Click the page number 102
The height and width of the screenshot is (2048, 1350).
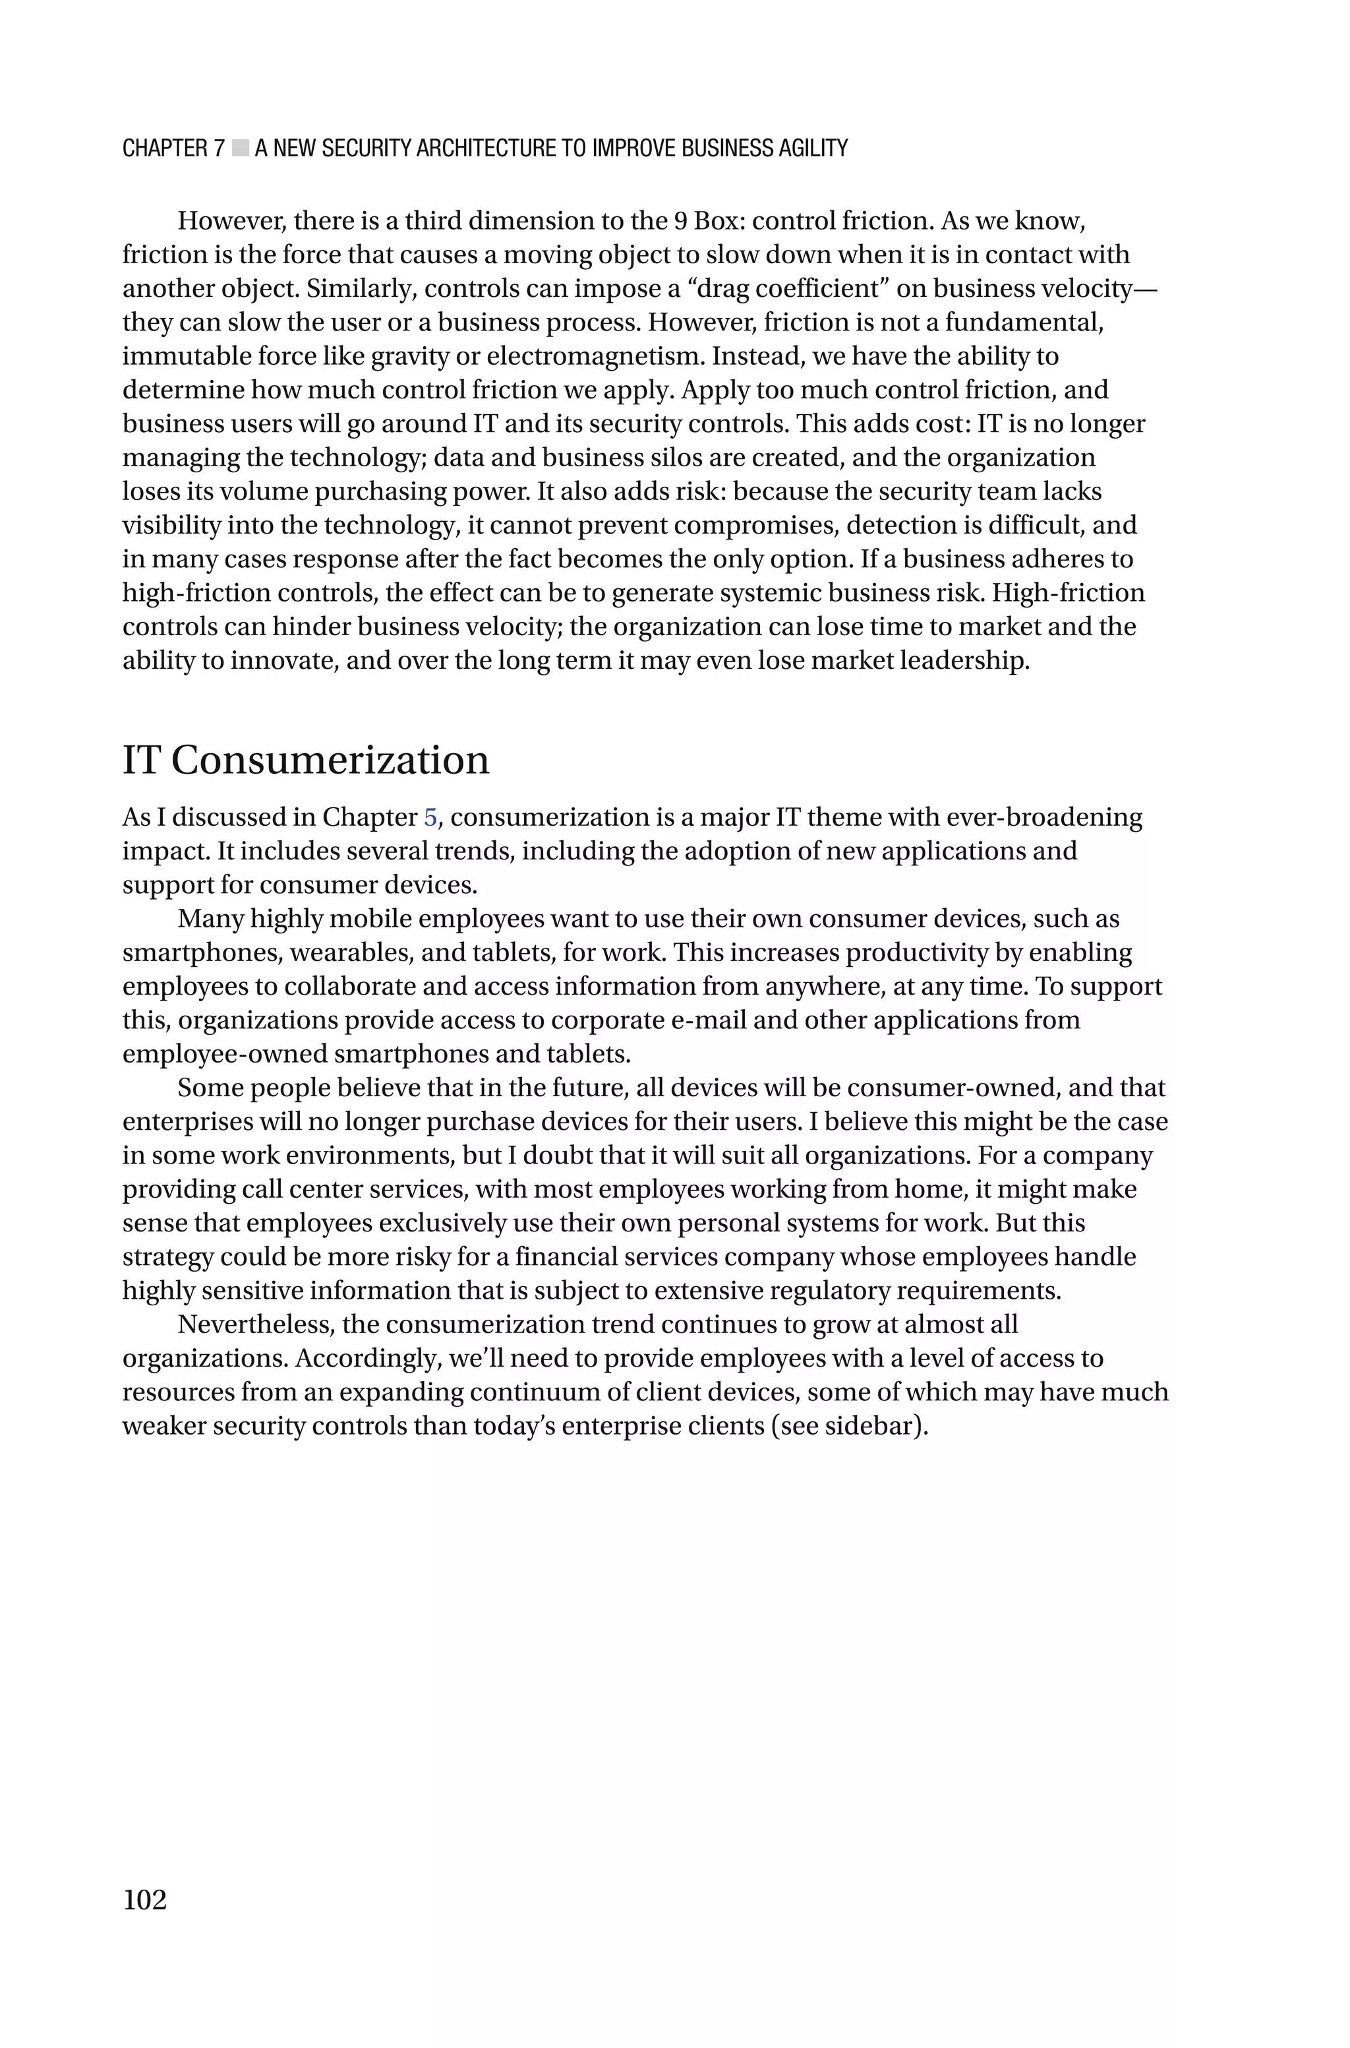[144, 1899]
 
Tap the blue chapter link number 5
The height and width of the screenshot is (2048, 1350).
[430, 817]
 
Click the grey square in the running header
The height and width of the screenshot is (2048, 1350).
[240, 148]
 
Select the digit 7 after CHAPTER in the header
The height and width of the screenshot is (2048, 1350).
[219, 148]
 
